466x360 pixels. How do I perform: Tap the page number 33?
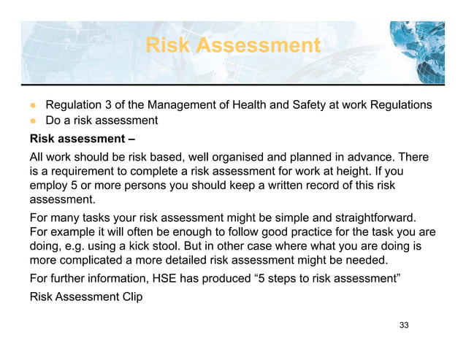pyautogui.click(x=404, y=324)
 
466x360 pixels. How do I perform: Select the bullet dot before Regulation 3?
pyautogui.click(x=34, y=105)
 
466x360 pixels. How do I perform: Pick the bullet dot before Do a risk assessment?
pyautogui.click(x=34, y=120)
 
